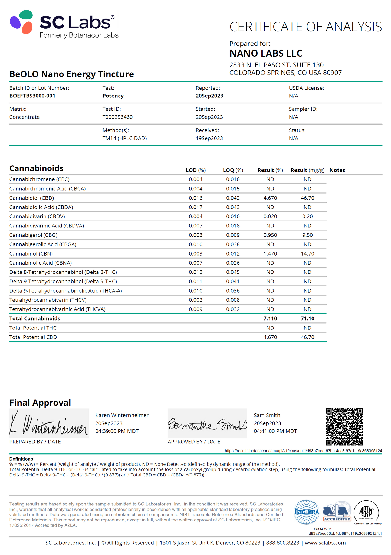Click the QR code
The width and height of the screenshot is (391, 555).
[x=344, y=427]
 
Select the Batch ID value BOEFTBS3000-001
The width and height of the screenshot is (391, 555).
[x=32, y=96]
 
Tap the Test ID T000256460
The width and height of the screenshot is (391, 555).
[x=117, y=117]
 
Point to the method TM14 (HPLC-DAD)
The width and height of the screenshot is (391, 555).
[x=124, y=138]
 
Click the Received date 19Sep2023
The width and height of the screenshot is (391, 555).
[x=209, y=138]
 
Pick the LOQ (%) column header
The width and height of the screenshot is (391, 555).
[x=233, y=170]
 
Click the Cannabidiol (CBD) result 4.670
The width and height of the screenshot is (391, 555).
[x=270, y=198]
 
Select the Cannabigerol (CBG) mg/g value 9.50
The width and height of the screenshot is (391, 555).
[x=307, y=235]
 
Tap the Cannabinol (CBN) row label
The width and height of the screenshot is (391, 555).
[x=31, y=254]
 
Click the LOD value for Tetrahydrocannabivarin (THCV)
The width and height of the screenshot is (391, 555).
[x=196, y=300]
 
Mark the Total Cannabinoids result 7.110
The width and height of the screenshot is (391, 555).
[x=270, y=318]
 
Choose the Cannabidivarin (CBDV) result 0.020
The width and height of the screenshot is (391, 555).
[x=270, y=216]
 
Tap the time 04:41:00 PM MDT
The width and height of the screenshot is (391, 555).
[x=275, y=431]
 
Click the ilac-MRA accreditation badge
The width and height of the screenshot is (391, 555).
[x=307, y=512]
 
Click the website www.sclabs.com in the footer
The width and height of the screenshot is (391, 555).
[x=325, y=543]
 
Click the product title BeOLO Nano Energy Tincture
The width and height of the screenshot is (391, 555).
[x=72, y=74]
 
